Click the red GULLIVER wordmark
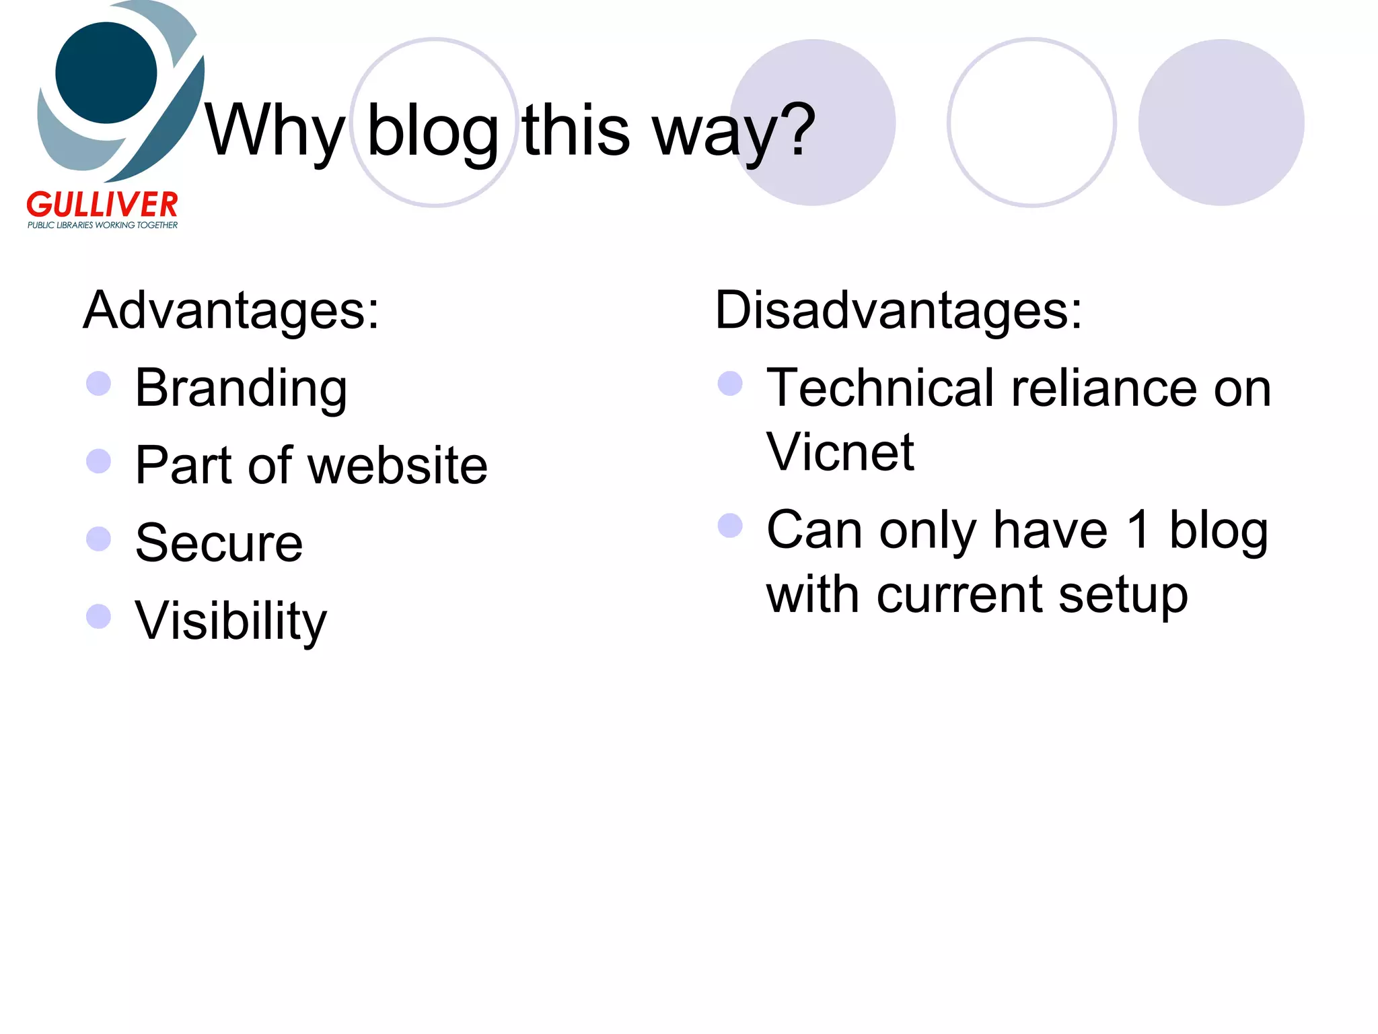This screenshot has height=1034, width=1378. [102, 204]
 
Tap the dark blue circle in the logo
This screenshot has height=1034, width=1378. [106, 73]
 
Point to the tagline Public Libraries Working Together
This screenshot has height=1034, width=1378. [102, 225]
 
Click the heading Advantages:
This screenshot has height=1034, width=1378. [231, 310]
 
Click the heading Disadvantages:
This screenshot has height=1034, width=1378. [898, 310]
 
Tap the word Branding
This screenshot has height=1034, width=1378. [241, 388]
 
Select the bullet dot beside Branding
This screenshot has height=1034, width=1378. [99, 384]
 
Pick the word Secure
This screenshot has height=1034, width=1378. [219, 543]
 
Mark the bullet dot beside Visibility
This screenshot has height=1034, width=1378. [99, 616]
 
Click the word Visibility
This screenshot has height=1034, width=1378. [230, 621]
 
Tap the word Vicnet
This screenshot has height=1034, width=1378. [840, 452]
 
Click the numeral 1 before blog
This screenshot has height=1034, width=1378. [1139, 530]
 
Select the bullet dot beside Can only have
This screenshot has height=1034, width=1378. [730, 526]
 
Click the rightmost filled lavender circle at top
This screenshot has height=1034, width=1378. [1221, 123]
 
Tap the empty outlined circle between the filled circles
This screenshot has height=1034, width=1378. [1031, 123]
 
